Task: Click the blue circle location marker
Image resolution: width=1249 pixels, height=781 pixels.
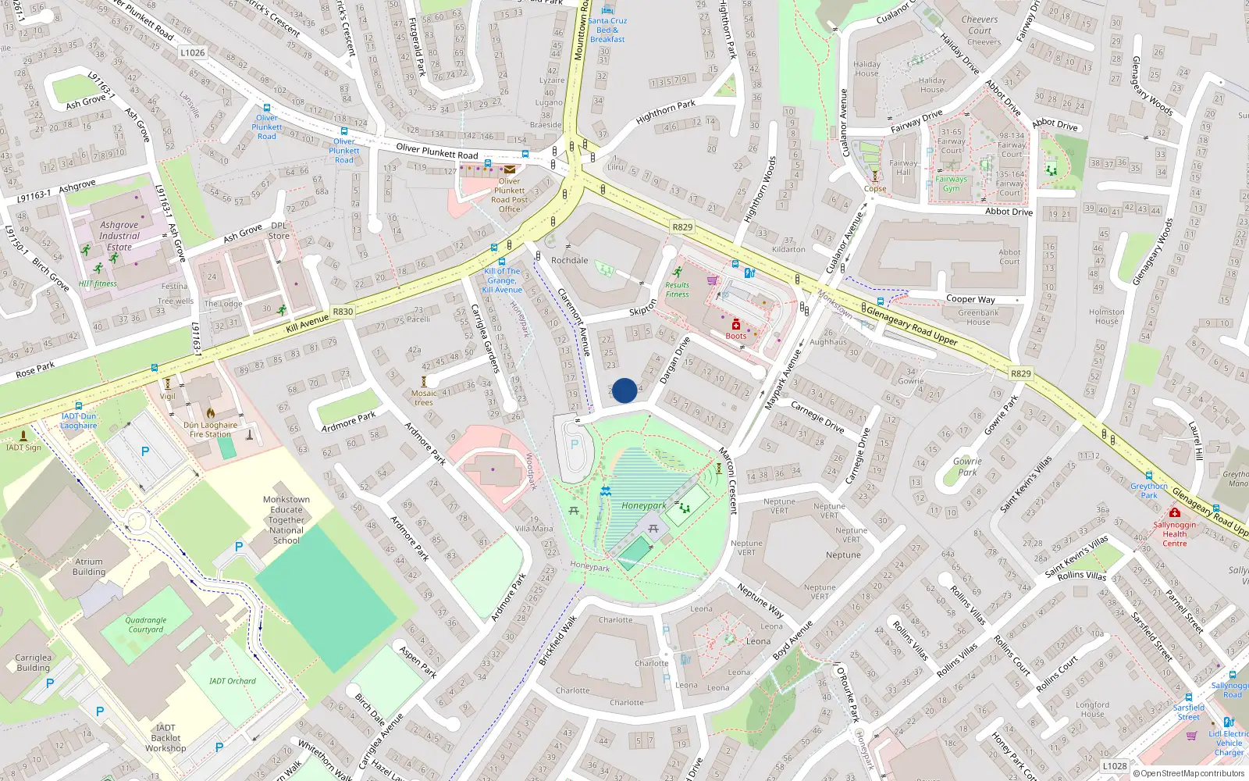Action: [x=624, y=390]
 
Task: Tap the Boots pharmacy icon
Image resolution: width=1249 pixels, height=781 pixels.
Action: [x=735, y=324]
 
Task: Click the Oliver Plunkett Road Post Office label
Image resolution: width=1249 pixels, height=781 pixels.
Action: [x=509, y=195]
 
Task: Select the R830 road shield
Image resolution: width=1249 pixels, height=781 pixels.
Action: [x=343, y=312]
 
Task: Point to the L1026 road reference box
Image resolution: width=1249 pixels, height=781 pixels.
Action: [x=192, y=53]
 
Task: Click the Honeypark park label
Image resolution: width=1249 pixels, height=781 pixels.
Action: [x=644, y=506]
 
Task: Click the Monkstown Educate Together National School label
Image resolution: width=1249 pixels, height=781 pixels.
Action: [x=286, y=520]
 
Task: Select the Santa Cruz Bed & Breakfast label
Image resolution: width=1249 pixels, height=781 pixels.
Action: [x=607, y=30]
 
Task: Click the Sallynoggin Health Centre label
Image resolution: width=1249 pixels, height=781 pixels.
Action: [x=1174, y=534]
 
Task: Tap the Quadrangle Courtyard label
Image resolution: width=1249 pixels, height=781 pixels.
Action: [x=146, y=625]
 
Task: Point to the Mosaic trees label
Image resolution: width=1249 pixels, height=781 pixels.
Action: [x=424, y=398]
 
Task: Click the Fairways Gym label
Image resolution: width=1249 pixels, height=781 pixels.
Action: [x=951, y=184]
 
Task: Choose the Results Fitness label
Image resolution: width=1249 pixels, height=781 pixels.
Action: [x=677, y=290]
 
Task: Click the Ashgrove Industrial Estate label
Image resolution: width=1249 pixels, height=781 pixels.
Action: [x=119, y=236]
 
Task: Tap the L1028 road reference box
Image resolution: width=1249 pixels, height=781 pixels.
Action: [x=1114, y=766]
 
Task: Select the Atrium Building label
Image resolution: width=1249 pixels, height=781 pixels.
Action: [x=89, y=566]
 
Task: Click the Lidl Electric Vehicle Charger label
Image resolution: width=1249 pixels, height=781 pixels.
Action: [x=1228, y=743]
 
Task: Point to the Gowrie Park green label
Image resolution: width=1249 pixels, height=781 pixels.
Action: [x=967, y=466]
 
